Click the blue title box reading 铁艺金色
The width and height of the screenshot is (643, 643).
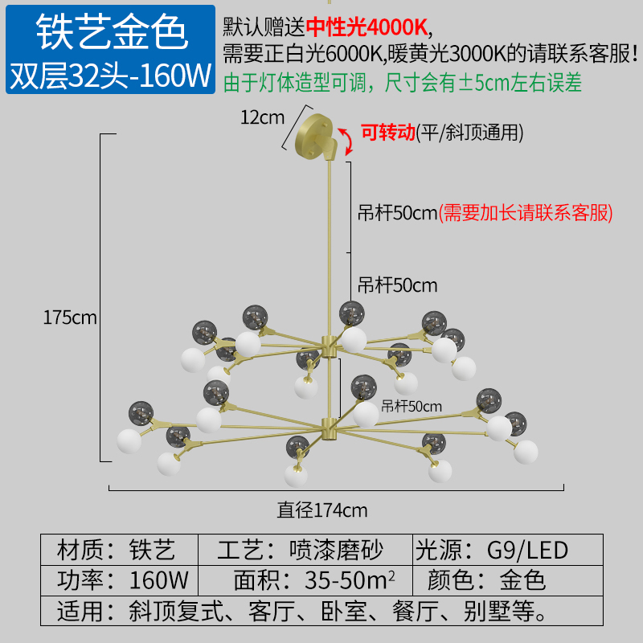(110, 49)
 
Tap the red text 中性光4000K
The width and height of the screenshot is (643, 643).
(367, 27)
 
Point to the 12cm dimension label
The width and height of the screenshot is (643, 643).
(263, 117)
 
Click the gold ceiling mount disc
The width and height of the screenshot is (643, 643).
(314, 136)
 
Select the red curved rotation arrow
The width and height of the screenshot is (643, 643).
(347, 141)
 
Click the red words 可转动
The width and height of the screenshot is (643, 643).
(388, 133)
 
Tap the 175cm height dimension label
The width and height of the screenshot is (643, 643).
(70, 317)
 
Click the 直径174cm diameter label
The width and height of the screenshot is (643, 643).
(322, 510)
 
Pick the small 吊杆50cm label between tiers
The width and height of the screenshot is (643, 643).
(412, 407)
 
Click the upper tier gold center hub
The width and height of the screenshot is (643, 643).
(329, 347)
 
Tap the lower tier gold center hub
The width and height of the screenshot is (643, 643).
(328, 429)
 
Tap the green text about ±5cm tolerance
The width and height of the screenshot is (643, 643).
(403, 83)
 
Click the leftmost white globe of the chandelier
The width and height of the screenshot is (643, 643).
(129, 441)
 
